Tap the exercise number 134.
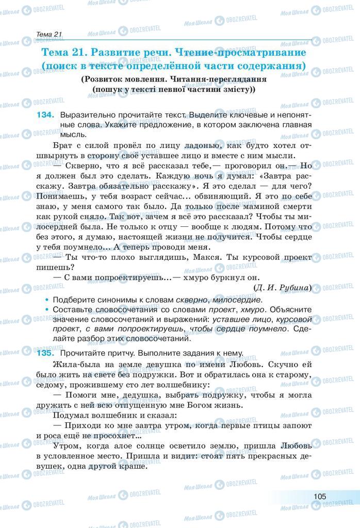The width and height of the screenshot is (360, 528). click(45, 115)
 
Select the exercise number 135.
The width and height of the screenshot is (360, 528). click(45, 353)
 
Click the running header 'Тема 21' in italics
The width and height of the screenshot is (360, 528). click(49, 34)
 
